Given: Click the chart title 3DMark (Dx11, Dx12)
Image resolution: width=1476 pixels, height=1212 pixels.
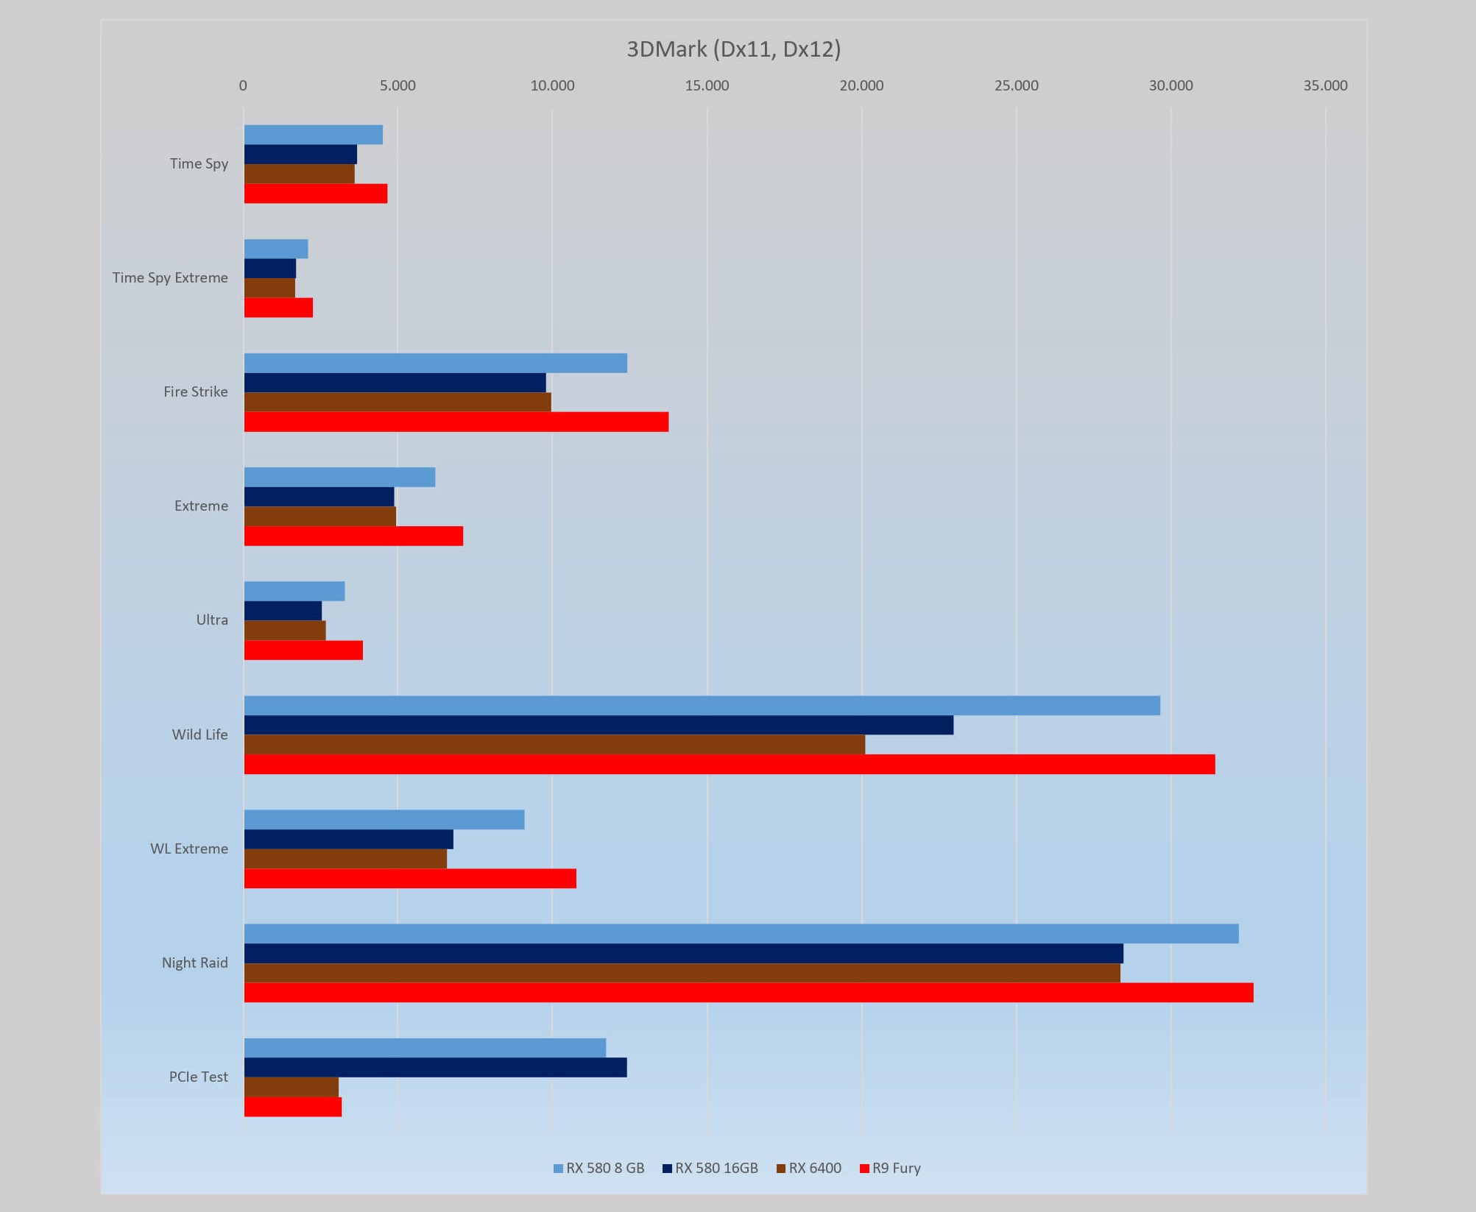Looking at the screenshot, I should point(733,49).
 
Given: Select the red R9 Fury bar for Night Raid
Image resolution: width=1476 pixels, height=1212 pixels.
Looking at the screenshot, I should point(748,992).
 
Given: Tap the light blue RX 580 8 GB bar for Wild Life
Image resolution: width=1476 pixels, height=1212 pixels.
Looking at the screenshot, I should point(702,705).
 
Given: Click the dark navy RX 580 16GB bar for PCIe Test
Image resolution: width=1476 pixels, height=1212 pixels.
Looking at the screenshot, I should point(435,1067).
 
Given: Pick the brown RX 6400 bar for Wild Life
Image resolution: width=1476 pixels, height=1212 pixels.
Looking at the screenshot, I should point(554,744).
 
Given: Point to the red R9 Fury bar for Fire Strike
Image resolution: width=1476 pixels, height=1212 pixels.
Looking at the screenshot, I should point(456,422).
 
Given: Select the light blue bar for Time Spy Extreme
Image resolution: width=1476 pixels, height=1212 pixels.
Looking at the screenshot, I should point(276,249).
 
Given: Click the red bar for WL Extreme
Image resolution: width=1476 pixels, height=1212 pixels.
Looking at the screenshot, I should point(410,878).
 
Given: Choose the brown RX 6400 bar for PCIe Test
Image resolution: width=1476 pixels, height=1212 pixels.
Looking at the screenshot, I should point(292,1087).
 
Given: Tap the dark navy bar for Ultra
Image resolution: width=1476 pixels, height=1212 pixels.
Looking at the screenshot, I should point(283,611).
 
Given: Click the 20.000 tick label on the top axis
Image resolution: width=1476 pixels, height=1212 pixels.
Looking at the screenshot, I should point(861,85).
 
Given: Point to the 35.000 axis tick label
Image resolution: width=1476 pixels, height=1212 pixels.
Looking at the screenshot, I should point(1325,85).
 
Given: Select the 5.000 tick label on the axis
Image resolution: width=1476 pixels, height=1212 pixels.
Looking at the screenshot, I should point(398,85).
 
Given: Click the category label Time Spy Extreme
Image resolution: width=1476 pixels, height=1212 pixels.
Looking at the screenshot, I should point(170,277).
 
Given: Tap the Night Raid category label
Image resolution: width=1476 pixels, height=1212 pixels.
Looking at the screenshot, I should point(195,963).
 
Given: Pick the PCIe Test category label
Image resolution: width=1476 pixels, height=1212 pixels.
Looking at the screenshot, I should point(199,1077).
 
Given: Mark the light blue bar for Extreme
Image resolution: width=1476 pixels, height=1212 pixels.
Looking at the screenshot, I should point(339,477).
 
